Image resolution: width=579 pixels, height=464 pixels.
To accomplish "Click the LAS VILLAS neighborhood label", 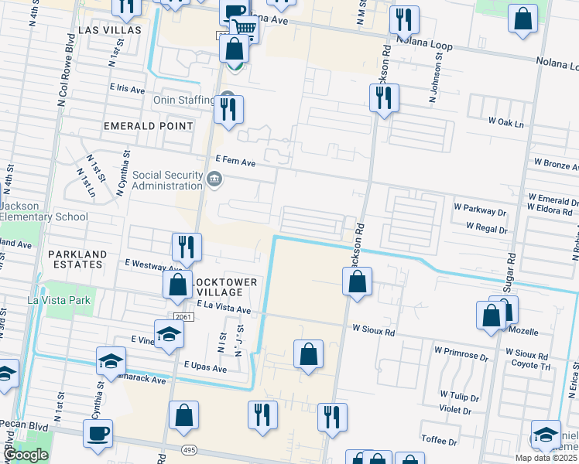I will (110, 29).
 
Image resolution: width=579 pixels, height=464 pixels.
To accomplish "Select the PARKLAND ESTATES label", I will (75, 259).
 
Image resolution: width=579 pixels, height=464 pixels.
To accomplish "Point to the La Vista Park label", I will (59, 300).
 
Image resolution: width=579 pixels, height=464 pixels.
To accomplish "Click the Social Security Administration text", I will (167, 180).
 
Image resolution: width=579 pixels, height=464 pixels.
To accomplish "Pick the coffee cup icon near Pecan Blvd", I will (98, 433).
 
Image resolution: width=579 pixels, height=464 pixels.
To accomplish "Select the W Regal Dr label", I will (486, 229).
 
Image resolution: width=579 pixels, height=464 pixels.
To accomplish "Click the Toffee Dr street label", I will (439, 441).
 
